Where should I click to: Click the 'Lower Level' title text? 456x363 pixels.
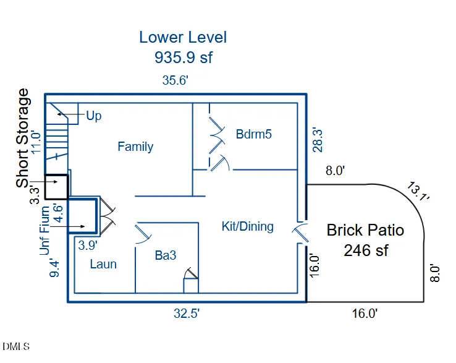(x=183, y=37)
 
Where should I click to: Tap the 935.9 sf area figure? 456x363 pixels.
(x=184, y=57)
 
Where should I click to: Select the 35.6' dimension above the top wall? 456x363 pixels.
(x=175, y=80)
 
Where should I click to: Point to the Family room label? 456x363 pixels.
(x=135, y=147)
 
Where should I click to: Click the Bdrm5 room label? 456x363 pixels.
(x=253, y=134)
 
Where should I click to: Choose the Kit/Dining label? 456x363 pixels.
(x=248, y=226)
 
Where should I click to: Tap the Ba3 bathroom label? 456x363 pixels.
(x=166, y=255)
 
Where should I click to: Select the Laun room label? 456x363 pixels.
(x=103, y=264)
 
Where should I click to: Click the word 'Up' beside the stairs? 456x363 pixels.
(x=94, y=116)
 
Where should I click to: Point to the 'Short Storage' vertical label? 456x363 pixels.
(x=23, y=138)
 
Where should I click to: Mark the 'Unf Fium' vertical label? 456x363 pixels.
(x=44, y=231)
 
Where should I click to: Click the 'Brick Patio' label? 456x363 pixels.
(x=365, y=230)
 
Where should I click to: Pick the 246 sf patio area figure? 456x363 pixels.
(x=366, y=250)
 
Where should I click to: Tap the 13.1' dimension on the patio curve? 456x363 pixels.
(x=418, y=191)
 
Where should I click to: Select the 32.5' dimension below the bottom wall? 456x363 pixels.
(x=187, y=314)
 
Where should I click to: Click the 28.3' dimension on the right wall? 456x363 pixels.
(x=318, y=140)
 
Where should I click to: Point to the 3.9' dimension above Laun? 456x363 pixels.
(x=88, y=246)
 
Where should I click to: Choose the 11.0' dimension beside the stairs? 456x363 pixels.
(x=36, y=143)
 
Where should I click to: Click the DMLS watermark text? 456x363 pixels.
(x=16, y=346)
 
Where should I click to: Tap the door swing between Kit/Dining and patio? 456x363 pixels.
(x=301, y=232)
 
